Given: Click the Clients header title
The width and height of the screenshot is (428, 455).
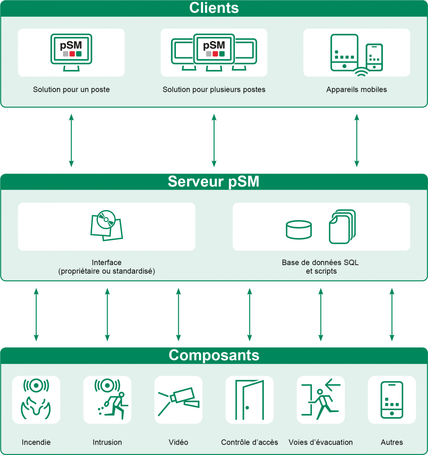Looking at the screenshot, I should [214, 8].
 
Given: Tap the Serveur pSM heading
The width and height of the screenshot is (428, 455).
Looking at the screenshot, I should [214, 181].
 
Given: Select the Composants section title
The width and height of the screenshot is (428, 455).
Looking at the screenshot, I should [214, 355].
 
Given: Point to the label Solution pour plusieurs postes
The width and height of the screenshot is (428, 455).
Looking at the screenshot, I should [214, 90].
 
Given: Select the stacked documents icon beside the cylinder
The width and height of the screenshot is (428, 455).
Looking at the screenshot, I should [342, 226].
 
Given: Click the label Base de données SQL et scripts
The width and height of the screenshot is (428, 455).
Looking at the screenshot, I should [320, 267].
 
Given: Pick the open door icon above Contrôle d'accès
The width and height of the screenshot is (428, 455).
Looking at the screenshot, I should [250, 400].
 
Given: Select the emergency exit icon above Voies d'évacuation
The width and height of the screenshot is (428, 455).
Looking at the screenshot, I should [321, 400].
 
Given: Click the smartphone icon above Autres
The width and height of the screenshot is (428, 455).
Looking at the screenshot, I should [392, 400].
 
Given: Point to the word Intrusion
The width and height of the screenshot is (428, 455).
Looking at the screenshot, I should [107, 442].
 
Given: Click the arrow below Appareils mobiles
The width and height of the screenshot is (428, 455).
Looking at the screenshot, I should [357, 140].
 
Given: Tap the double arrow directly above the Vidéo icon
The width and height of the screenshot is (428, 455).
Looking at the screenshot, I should [178, 315].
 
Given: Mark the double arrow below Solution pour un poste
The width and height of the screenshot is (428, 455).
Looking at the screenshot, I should [71, 140].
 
